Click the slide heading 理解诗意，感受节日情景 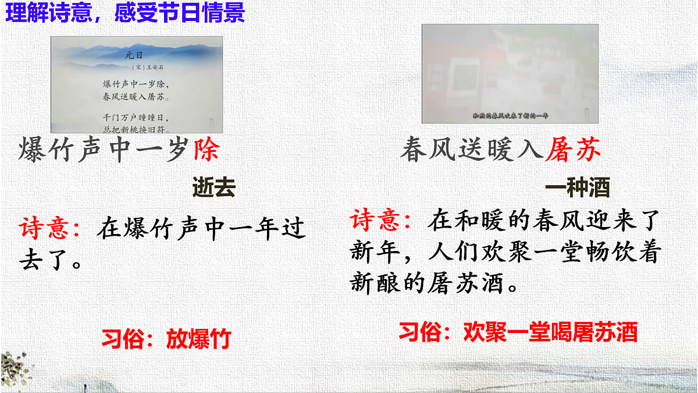tap(125, 13)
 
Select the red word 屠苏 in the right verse tap(573, 150)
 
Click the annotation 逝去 tap(213, 188)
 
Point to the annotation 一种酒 tap(577, 188)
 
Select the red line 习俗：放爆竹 tap(166, 338)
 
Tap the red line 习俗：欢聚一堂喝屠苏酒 tap(518, 332)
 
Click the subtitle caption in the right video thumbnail tap(510, 115)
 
